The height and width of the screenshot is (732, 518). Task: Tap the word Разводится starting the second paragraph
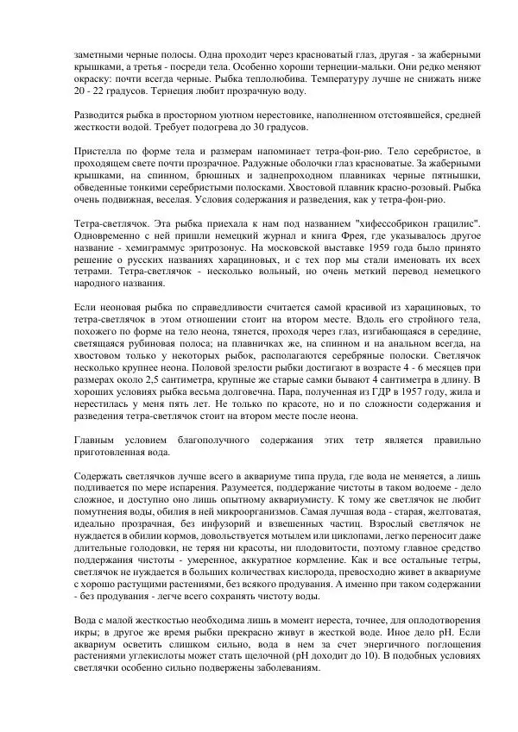100,114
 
